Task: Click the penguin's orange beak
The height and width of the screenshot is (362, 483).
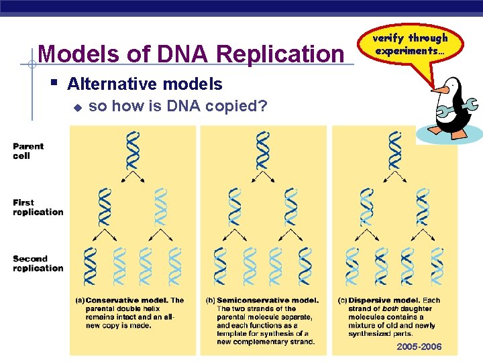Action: coord(440,89)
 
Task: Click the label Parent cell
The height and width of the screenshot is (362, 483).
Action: coord(28,151)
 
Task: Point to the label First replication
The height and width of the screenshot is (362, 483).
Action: coord(38,207)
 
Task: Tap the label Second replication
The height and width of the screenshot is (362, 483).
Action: coord(38,263)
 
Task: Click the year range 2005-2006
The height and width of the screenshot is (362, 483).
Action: coord(419,347)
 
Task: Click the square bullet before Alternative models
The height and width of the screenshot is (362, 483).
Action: coord(54,84)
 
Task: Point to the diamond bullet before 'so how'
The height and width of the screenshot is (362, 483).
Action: coord(77,107)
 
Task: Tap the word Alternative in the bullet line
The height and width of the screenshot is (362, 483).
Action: coord(110,84)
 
